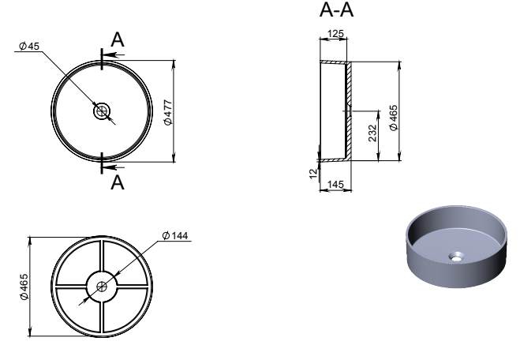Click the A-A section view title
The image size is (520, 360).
tap(336, 9)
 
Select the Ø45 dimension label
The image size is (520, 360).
tap(29, 46)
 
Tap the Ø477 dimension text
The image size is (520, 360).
tap(168, 112)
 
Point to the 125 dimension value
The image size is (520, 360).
tap(335, 33)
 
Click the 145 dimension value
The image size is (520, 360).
tap(335, 184)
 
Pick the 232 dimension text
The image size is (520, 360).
tap(372, 133)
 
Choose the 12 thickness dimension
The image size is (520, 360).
tap(313, 173)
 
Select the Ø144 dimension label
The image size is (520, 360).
tap(175, 235)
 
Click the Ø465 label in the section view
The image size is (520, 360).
tap(393, 118)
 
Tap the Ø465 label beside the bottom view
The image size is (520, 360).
tap(24, 287)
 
